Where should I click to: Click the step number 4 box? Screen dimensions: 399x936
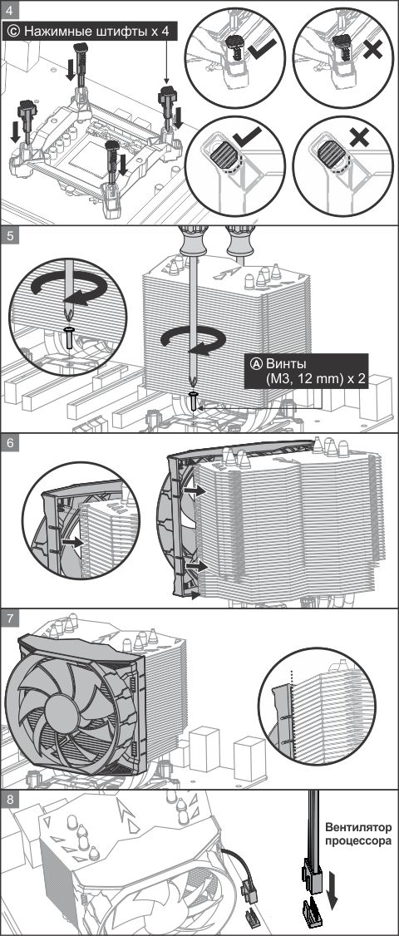9,10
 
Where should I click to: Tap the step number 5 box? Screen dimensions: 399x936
9,234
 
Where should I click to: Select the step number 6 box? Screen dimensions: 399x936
9,444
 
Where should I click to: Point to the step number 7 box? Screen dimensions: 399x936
9,618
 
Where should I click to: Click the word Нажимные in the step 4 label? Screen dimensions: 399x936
60,32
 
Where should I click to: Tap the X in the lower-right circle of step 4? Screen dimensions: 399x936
358,139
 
